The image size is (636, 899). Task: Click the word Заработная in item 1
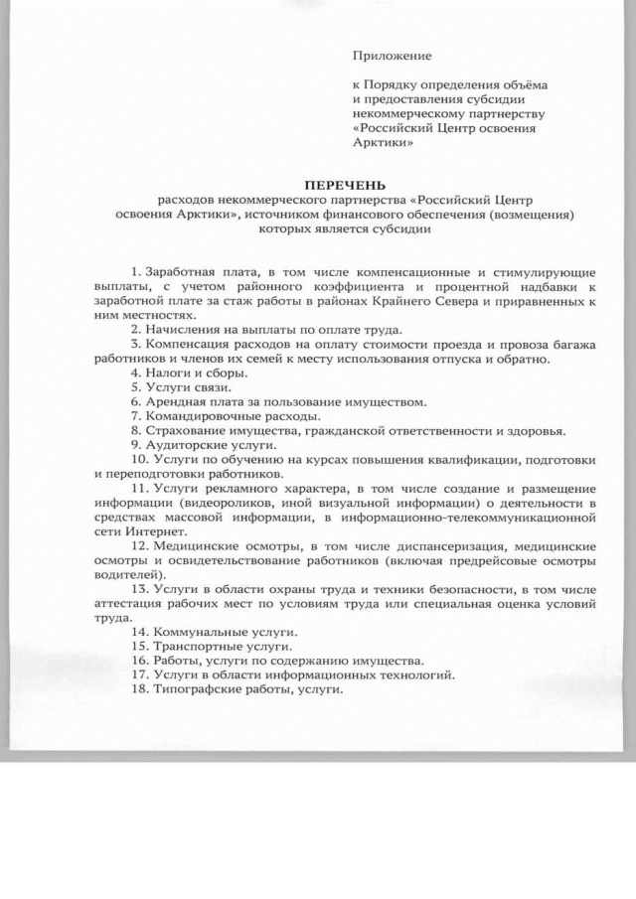178,271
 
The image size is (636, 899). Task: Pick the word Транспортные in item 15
189,647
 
